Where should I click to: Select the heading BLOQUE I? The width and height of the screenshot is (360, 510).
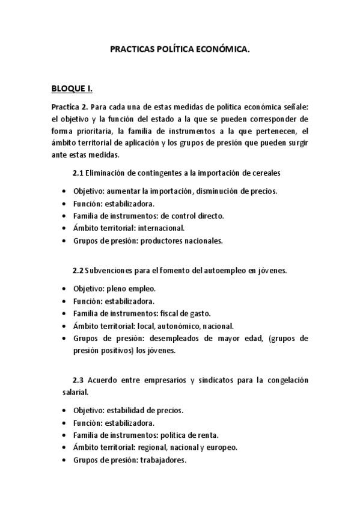(72, 89)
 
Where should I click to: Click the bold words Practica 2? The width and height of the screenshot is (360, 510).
(69, 106)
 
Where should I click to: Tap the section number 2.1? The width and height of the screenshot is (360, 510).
(78, 174)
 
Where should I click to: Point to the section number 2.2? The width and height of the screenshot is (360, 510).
(78, 270)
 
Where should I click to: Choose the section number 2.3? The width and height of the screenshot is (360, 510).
(78, 380)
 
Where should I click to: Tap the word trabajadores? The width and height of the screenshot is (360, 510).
(163, 461)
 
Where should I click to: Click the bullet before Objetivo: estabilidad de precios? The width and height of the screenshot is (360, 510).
(64, 410)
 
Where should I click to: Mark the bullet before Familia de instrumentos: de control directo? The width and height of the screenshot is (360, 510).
(64, 215)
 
